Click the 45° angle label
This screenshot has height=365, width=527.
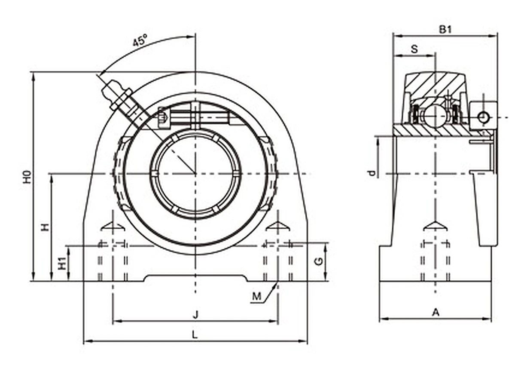[x=140, y=40]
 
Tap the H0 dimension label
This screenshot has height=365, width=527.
[x=27, y=177]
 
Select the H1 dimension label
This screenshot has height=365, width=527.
[x=62, y=263]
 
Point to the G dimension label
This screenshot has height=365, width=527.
[x=319, y=261]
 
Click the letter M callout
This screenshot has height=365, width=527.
[x=257, y=296]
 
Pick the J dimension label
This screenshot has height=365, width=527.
[x=195, y=315]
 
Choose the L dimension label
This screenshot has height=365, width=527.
[x=195, y=334]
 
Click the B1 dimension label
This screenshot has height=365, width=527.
[x=445, y=30]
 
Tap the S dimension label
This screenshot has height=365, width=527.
[x=414, y=49]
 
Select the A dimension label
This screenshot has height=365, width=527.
[x=436, y=313]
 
